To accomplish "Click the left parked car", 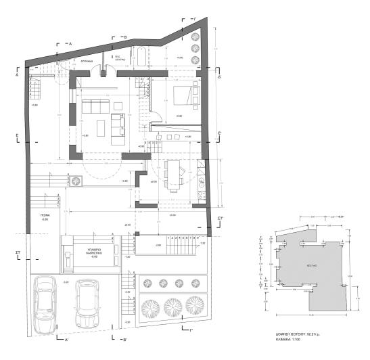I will click(45, 304).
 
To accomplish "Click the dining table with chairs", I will click(174, 175).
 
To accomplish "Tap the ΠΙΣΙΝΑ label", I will click(45, 217).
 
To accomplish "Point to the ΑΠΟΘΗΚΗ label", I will click(87, 60).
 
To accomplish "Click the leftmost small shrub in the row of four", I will click(146, 283).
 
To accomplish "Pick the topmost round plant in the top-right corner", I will click(195, 37).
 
